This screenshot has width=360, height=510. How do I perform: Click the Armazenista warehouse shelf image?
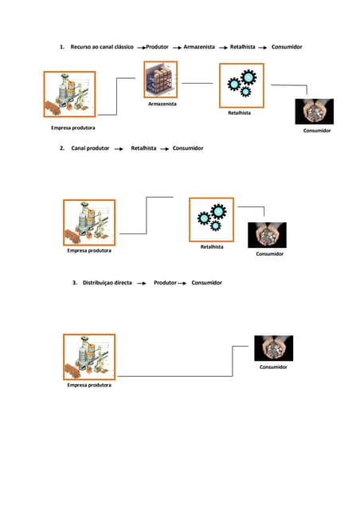(x=162, y=80)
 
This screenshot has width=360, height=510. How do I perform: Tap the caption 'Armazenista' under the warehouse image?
(x=162, y=104)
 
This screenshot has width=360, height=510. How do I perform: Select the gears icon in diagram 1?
(x=241, y=84)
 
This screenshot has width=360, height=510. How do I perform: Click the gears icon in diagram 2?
(x=211, y=218)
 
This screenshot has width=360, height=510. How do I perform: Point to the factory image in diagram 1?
(x=69, y=94)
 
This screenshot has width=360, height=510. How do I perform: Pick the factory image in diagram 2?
(x=88, y=222)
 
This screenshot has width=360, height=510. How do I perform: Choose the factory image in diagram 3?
(x=88, y=356)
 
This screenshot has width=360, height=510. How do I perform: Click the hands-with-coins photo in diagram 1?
(x=315, y=111)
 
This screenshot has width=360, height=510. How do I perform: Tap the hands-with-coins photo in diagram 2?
(x=267, y=235)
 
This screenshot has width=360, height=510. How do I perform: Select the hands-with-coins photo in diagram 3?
(x=273, y=348)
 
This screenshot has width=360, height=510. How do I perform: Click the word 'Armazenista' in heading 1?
(x=199, y=47)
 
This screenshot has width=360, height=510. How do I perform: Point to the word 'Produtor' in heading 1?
(x=157, y=47)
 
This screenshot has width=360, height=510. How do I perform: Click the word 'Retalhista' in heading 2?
(x=143, y=148)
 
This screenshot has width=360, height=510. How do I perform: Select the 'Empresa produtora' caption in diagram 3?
(x=89, y=385)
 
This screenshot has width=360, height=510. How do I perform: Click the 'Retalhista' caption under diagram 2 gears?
(x=212, y=247)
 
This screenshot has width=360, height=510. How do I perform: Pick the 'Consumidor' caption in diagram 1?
(x=317, y=130)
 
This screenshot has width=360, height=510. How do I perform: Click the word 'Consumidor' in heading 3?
(x=206, y=283)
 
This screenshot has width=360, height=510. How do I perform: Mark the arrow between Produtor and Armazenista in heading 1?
(x=178, y=48)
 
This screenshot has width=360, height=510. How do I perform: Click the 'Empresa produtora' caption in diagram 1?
(x=73, y=127)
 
